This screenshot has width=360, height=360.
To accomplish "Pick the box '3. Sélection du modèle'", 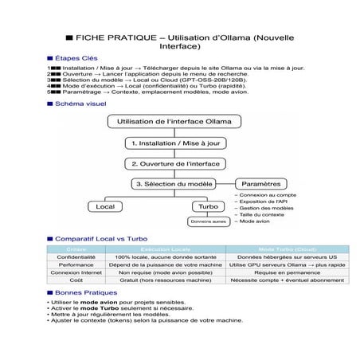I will [x=174, y=184].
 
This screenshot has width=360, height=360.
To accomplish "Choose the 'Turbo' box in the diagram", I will [x=208, y=206].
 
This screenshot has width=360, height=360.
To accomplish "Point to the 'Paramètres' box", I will [x=261, y=184].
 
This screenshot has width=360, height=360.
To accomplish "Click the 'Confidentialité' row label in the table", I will [x=76, y=257].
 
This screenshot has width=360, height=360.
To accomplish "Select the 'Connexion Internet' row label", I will [x=76, y=272].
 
